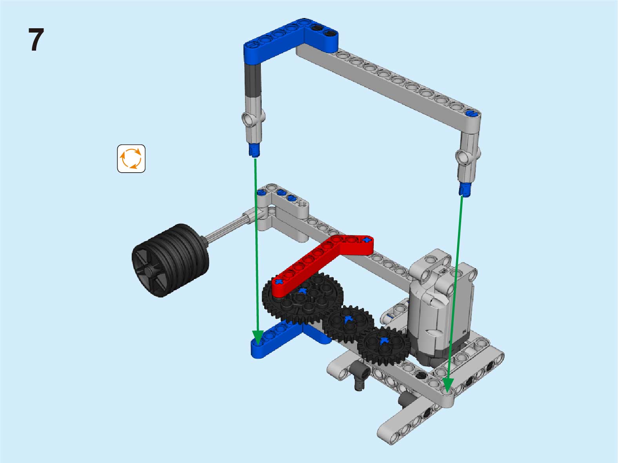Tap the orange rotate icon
click(x=131, y=159)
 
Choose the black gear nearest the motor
click(x=384, y=345)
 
